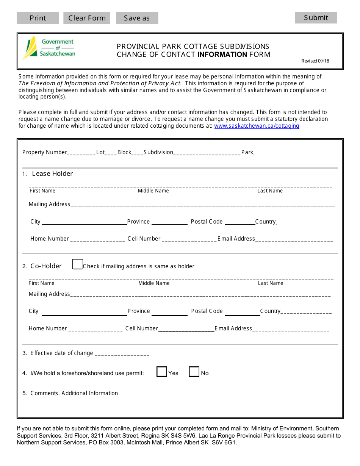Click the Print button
tap(38, 18)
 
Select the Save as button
tap(137, 18)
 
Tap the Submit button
tap(316, 17)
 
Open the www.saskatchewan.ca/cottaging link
tap(257, 126)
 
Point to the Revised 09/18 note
tap(315, 61)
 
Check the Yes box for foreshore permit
tap(162, 372)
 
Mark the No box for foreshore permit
tap(194, 372)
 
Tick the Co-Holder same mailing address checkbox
tap(77, 264)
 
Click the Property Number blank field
tap(81, 153)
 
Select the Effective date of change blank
tap(122, 353)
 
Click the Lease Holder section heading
tap(52, 174)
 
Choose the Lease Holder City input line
tap(84, 222)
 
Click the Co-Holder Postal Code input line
tap(242, 312)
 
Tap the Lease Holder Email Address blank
tap(294, 239)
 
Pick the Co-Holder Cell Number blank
tap(186, 329)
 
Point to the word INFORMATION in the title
tap(222, 54)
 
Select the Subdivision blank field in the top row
tap(207, 153)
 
